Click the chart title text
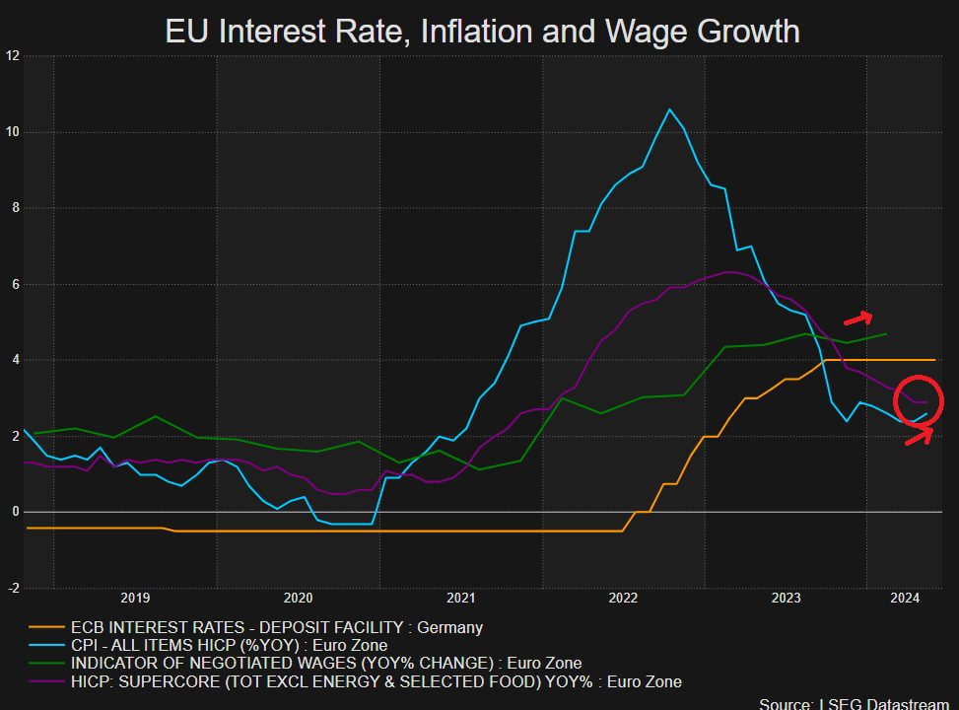pyautogui.click(x=481, y=31)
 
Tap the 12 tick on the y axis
pyautogui.click(x=13, y=56)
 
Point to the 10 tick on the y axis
pyautogui.click(x=13, y=132)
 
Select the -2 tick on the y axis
pyautogui.click(x=13, y=588)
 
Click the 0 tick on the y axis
pyautogui.click(x=16, y=512)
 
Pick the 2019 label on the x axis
pyautogui.click(x=135, y=598)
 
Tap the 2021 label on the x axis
pyautogui.click(x=460, y=598)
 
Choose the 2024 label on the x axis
pyautogui.click(x=904, y=598)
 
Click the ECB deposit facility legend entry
pyautogui.click(x=277, y=626)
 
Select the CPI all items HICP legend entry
pyautogui.click(x=229, y=645)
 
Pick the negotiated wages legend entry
pyautogui.click(x=326, y=663)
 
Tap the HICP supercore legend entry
pyautogui.click(x=376, y=681)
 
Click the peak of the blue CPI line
pyautogui.click(x=669, y=109)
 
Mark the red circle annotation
pyautogui.click(x=918, y=400)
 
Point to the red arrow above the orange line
pyautogui.click(x=857, y=318)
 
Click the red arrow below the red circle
pyautogui.click(x=919, y=435)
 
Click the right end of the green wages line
pyautogui.click(x=885, y=334)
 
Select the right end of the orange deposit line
pyautogui.click(x=933, y=360)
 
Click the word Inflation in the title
pyautogui.click(x=487, y=31)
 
